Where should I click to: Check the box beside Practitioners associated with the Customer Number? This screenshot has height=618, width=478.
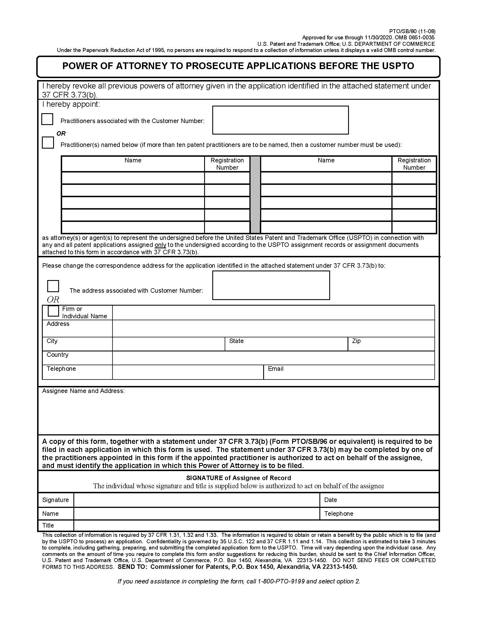[47, 119]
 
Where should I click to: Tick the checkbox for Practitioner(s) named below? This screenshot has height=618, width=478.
[48, 143]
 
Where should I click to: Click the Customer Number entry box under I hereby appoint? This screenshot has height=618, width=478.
[280, 120]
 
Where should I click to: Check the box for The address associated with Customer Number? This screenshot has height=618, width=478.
[53, 286]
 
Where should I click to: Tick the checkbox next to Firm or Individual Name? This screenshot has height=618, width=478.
[53, 311]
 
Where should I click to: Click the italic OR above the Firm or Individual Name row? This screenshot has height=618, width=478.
[53, 299]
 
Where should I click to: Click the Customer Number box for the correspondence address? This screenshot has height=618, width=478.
[271, 285]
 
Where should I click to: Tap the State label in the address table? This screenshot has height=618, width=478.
[236, 341]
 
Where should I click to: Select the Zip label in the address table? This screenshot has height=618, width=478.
[356, 341]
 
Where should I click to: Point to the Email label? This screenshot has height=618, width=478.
[276, 369]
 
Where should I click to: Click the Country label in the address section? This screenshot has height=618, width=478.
[57, 355]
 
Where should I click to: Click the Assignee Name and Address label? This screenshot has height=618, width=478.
[83, 391]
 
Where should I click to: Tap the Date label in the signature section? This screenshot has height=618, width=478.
[330, 500]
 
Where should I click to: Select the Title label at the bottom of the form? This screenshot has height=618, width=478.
[48, 525]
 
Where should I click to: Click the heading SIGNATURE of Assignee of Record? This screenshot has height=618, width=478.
[238, 478]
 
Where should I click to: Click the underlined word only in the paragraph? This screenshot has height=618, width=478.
[160, 245]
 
